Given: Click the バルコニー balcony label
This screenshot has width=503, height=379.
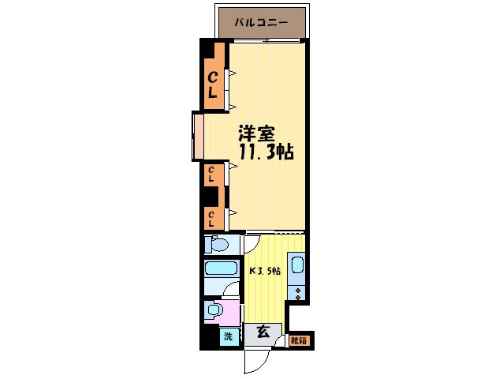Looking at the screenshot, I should (260, 22).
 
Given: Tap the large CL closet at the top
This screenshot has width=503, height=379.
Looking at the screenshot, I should (213, 84).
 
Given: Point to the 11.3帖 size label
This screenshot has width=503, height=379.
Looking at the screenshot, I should (266, 152).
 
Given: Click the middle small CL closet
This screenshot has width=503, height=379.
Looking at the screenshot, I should (212, 174).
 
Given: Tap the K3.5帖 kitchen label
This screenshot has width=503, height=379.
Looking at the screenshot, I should (266, 270).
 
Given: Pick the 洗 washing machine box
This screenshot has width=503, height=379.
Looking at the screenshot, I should (228, 336).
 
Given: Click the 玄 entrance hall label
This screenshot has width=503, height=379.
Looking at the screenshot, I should (262, 332).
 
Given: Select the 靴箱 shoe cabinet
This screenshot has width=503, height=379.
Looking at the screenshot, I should (299, 341).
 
